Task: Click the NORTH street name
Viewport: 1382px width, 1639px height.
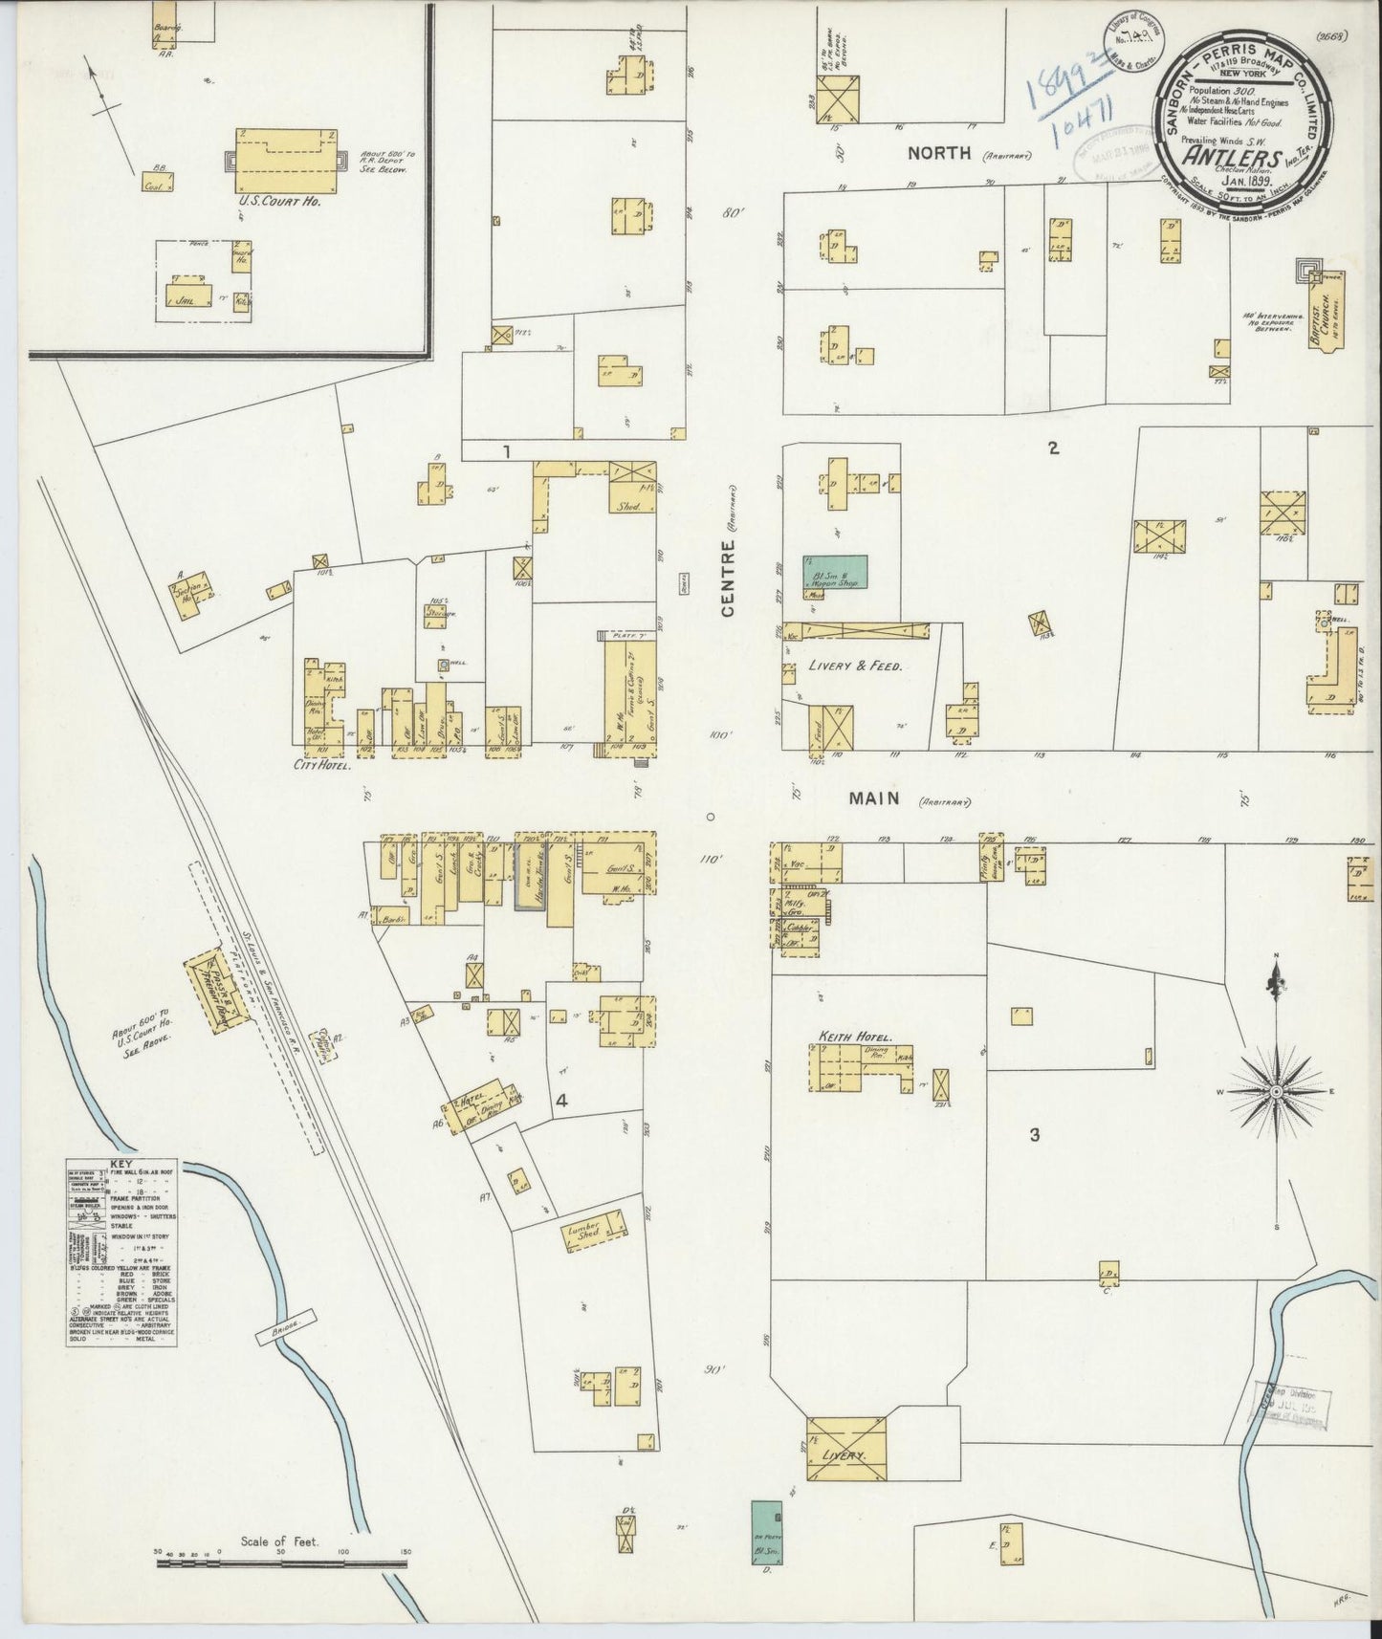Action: [x=939, y=152]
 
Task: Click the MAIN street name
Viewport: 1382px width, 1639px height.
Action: [x=873, y=798]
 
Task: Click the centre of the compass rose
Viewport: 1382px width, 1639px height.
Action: [x=1277, y=1091]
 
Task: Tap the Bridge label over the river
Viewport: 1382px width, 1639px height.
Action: [x=283, y=1320]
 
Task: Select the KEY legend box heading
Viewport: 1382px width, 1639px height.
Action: [x=121, y=1165]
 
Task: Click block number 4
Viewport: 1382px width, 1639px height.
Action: [x=562, y=1101]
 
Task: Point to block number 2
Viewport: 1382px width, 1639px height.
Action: [x=1053, y=447]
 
